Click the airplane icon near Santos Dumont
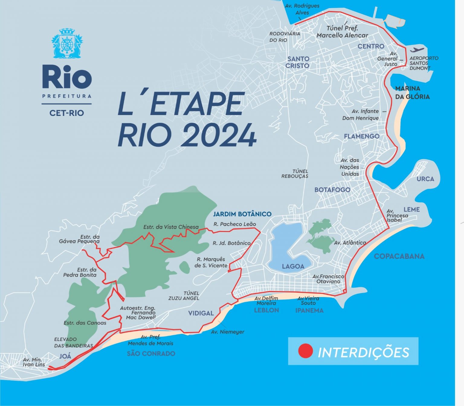coord(417,50)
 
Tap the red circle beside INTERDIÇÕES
coord(305,351)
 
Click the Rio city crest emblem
coord(67,43)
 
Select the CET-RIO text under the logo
coord(66,113)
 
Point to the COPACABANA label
coord(399,256)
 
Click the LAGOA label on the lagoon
coord(293,266)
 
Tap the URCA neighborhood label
coord(425,179)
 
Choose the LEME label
coord(411,209)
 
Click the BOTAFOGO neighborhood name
coord(332,190)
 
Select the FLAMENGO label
coord(361,136)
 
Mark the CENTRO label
coord(371,46)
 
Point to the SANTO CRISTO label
coord(298,62)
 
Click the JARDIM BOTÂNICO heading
coord(242,214)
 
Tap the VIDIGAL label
coord(201,313)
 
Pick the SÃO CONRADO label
coord(151,353)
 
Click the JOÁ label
coord(65,356)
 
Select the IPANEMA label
coord(309,310)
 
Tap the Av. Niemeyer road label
coord(227,332)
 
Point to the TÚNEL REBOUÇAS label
coord(295,174)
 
